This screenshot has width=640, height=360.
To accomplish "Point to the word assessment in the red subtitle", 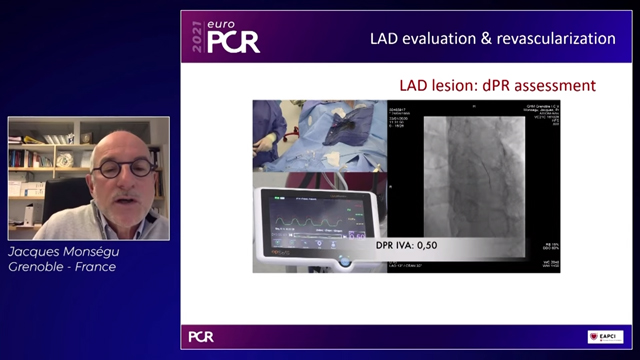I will [555, 86].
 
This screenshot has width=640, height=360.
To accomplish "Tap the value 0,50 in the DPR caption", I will [423, 244].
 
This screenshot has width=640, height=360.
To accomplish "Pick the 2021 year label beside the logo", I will [197, 39].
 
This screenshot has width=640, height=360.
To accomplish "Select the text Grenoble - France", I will [62, 267].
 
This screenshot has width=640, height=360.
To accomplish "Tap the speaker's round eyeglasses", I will [124, 166].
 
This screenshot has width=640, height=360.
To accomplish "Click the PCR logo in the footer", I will [201, 336].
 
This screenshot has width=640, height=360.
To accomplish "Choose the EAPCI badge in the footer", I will [604, 336].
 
